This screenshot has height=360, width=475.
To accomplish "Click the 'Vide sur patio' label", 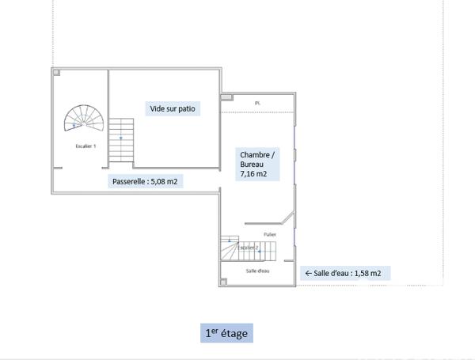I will [172, 108].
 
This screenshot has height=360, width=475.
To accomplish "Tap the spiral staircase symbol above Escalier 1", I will [83, 119].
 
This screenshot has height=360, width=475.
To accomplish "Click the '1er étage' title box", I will [226, 334].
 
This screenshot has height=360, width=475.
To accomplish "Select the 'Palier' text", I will [270, 234].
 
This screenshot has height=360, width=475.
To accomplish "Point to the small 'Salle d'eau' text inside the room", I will [258, 271].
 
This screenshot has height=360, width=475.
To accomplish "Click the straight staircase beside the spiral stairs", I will [121, 138].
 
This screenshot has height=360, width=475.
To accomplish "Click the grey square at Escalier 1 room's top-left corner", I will [55, 73].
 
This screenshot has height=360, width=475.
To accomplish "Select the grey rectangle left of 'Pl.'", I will [226, 97].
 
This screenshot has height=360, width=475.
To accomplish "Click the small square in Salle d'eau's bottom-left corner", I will [224, 281].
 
